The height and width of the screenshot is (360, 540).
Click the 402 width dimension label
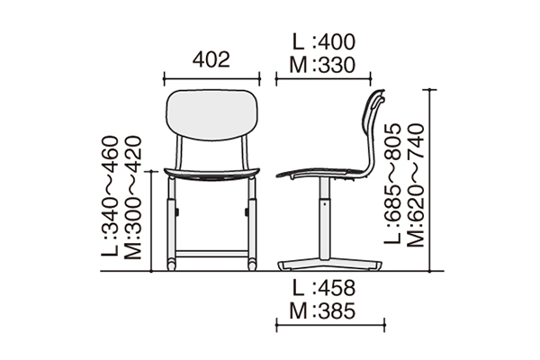tap(211, 59)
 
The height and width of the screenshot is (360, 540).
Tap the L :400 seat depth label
tap(323, 42)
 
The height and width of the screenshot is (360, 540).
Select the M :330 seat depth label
tap(322, 65)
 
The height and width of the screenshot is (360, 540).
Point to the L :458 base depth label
tap(323, 288)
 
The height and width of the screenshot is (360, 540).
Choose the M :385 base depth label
tap(322, 310)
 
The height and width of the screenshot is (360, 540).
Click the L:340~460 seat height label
tap(110, 196)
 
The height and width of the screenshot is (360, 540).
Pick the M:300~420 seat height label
tap(132, 197)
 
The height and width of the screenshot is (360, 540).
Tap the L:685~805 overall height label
tap(393, 184)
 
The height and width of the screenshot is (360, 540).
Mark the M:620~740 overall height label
tap(416, 185)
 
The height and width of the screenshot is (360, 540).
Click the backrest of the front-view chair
tap(211, 114)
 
